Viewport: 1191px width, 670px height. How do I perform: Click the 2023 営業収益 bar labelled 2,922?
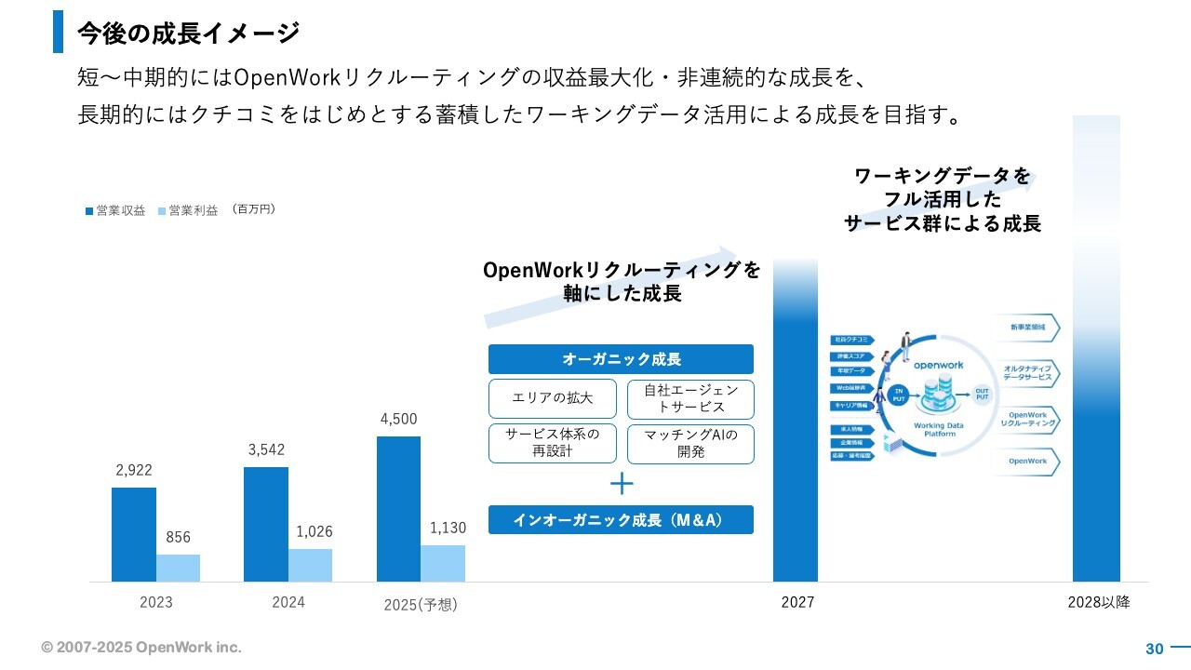pos(134,534)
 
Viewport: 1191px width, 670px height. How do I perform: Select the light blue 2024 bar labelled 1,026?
pos(310,565)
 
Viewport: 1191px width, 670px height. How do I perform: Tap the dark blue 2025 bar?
pos(398,508)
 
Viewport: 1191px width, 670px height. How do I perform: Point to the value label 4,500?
pos(398,419)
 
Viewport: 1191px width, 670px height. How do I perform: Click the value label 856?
pos(178,537)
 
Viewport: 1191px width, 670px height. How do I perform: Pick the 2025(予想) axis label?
pos(421,604)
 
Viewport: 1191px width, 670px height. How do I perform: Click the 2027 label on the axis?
pos(797,602)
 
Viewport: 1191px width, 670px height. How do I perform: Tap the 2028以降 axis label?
pos(1099,602)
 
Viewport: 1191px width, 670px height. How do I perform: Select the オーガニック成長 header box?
pos(621,359)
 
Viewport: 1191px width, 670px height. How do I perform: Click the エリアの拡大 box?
pos(553,398)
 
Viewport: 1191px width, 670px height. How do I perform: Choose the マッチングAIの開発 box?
pos(690,444)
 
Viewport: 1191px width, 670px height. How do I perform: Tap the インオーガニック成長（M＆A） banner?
pos(621,519)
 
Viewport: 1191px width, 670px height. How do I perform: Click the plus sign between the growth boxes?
pos(621,484)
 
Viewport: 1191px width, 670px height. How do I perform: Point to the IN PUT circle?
pos(899,394)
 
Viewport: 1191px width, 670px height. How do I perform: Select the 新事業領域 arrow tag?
pos(1028,328)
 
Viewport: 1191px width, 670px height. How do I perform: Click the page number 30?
pos(1155,649)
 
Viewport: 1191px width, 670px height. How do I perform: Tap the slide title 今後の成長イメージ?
pos(188,33)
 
